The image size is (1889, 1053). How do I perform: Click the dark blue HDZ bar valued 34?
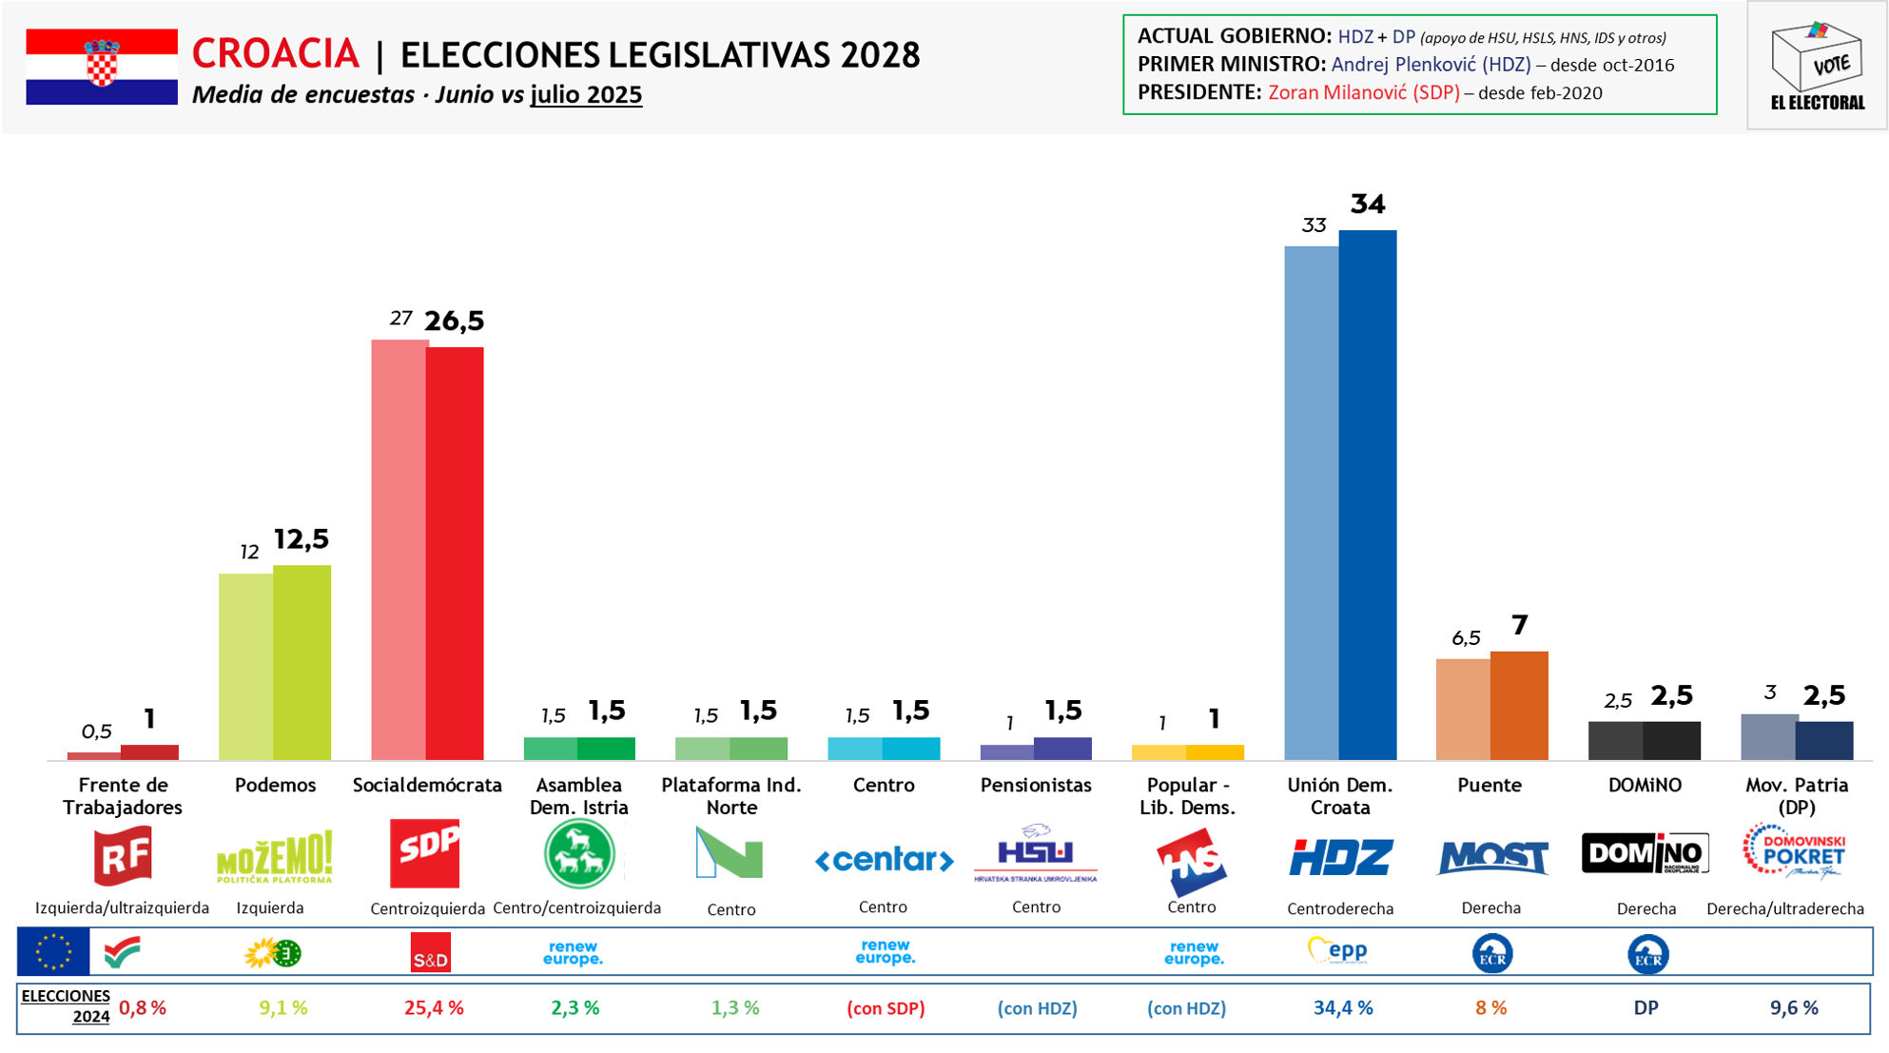1368,495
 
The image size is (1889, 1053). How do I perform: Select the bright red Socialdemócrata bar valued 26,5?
455,553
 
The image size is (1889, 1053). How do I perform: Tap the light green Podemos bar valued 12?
245,666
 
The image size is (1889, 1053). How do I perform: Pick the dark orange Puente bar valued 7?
1519,705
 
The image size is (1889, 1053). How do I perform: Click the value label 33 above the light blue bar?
1314,225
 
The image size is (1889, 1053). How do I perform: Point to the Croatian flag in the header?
102,66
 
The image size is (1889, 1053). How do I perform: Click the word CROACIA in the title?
276,54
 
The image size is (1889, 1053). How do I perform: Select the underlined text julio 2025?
586,95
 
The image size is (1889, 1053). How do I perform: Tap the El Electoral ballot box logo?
1817,65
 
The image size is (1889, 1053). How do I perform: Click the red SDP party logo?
425,853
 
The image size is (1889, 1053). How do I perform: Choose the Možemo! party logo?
275,856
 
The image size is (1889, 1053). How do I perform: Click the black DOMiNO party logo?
1645,852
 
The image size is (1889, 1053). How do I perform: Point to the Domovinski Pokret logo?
1794,851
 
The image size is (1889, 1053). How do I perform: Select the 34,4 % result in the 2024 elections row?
1342,1008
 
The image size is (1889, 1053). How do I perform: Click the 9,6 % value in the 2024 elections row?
1794,1008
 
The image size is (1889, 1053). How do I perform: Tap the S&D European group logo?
430,953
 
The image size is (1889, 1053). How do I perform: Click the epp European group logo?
1338,950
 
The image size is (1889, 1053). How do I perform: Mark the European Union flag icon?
53,952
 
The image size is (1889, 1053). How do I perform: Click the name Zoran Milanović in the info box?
1363,93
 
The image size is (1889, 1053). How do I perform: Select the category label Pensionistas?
1036,786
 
